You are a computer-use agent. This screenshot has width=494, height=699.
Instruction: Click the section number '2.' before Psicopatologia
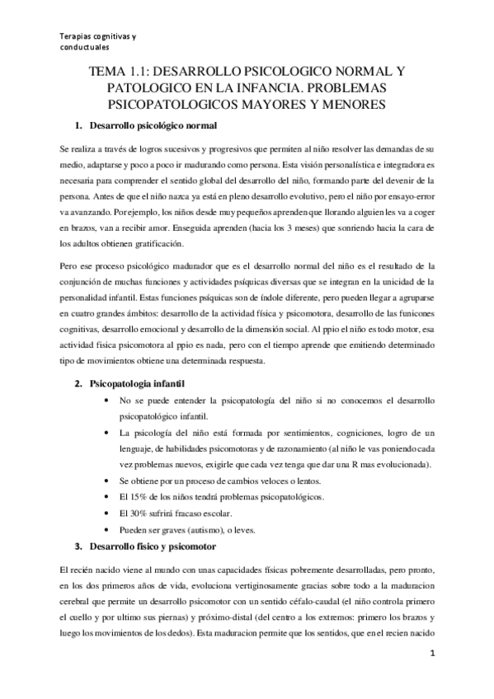click(78, 384)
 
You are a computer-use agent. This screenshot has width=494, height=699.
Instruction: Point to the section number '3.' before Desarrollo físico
click(78, 547)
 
